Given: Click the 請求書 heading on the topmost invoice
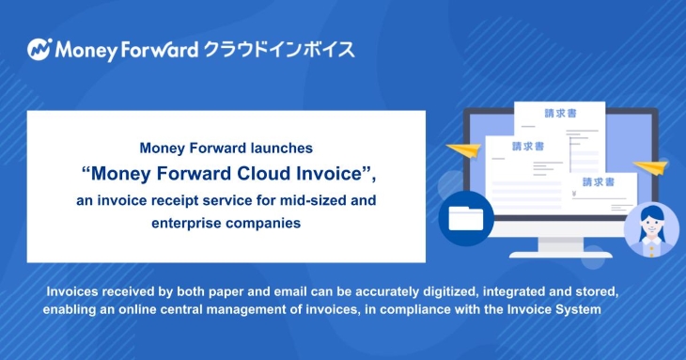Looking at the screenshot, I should click(x=535, y=114).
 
